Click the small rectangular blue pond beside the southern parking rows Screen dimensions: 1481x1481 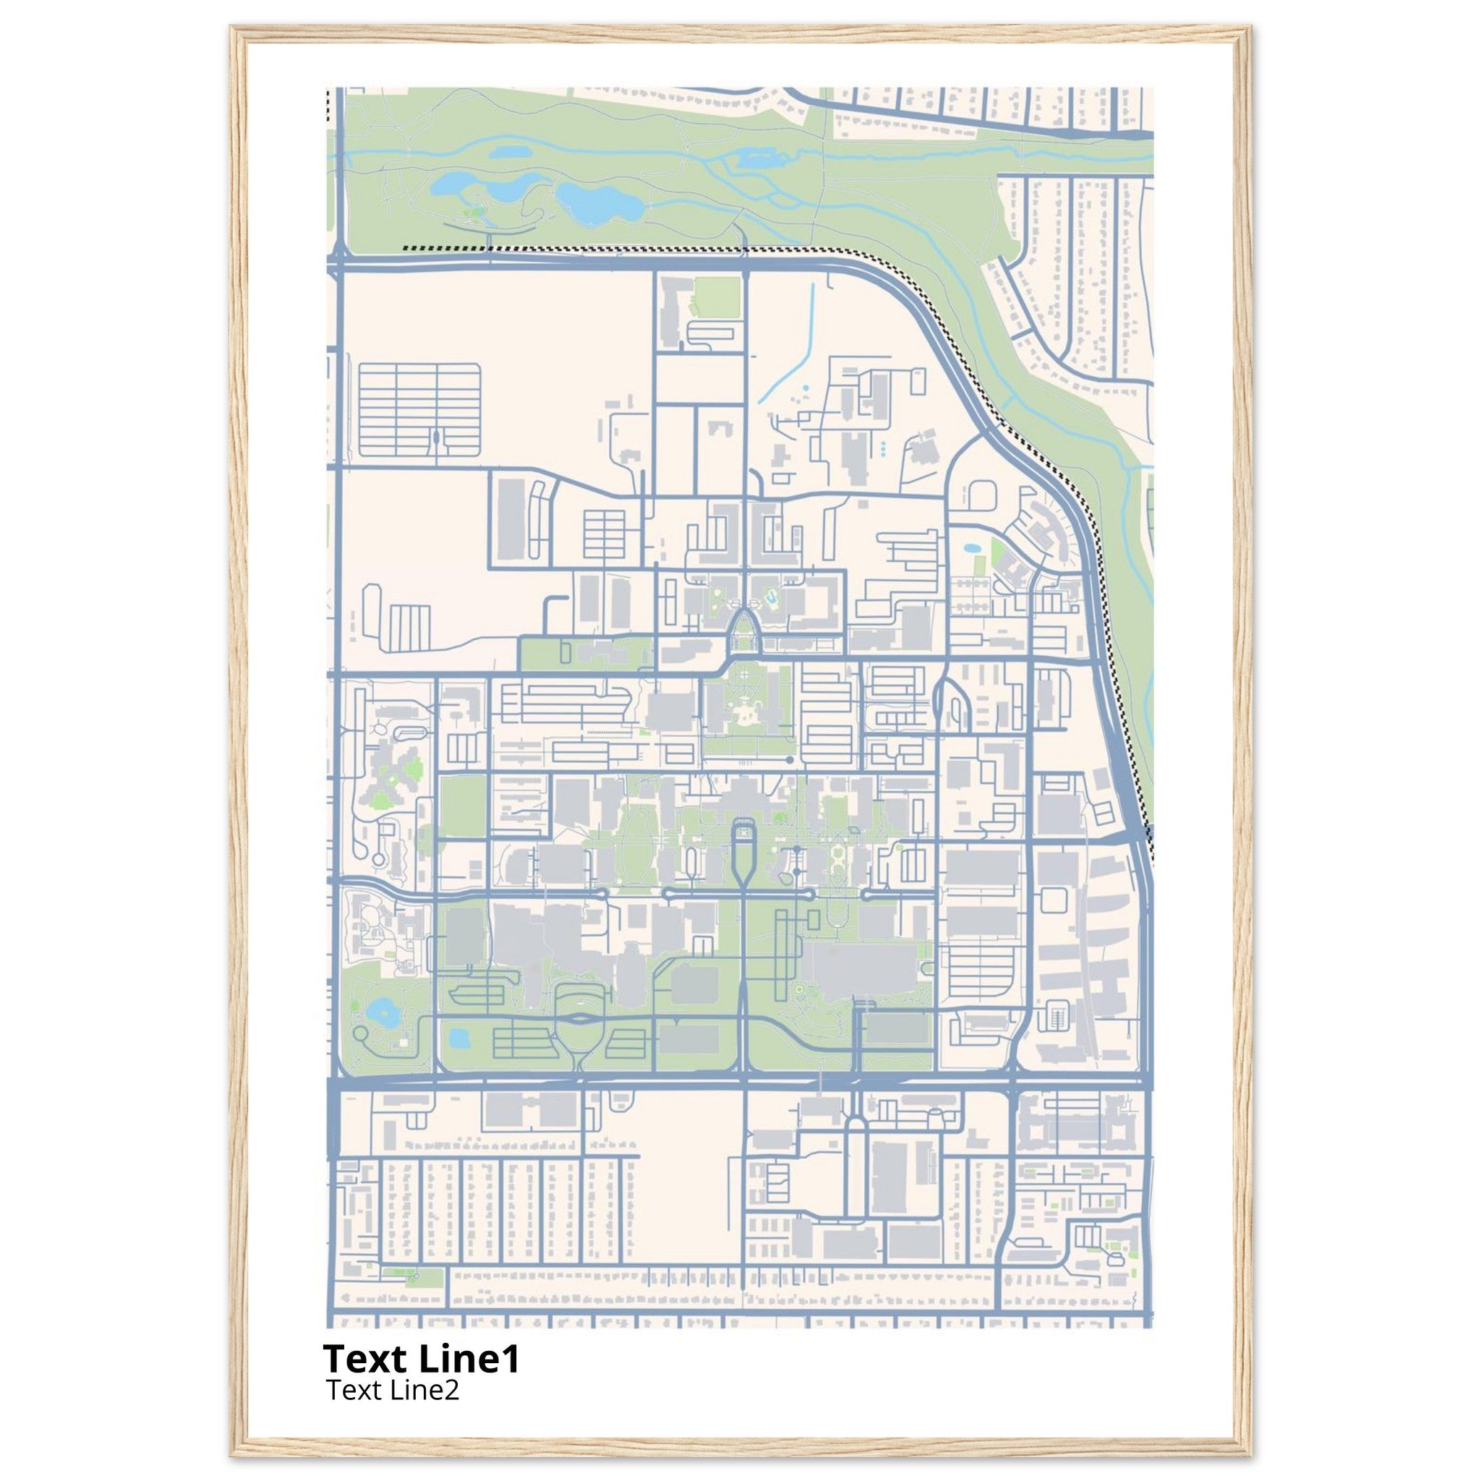click(458, 1038)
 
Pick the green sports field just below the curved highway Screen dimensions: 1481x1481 click(717, 296)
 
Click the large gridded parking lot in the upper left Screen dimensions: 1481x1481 click(419, 410)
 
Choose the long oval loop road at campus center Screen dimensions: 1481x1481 click(743, 851)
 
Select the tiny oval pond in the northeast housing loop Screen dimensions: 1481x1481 click(971, 549)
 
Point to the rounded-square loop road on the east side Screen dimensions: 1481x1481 click(1055, 901)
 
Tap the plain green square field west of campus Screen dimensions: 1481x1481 click(463, 806)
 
